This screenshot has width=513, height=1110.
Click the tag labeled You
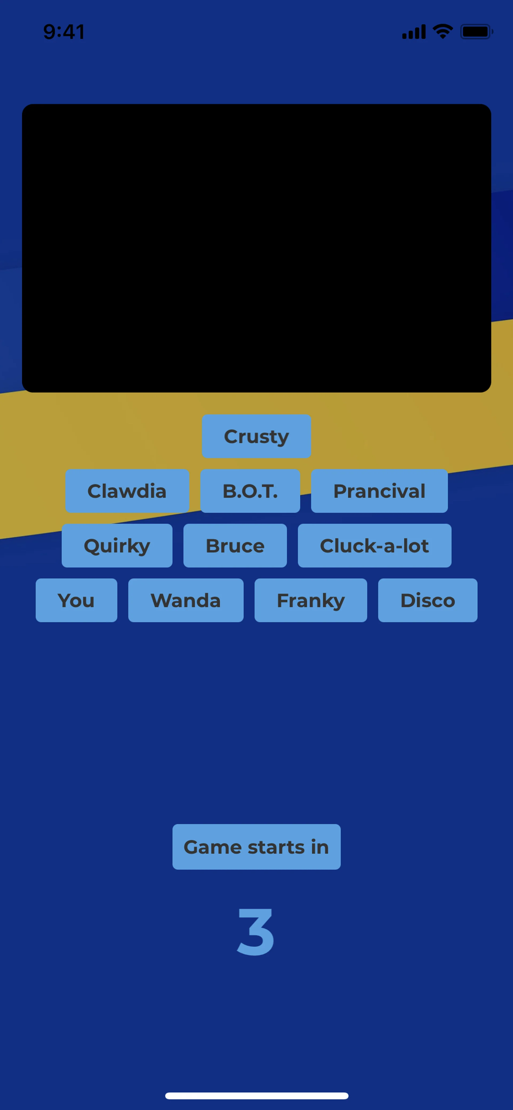tap(76, 600)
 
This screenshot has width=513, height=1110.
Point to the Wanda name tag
tap(186, 600)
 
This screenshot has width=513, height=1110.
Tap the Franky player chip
tap(310, 600)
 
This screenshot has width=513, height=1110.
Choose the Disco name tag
tap(428, 600)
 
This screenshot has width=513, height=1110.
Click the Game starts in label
tap(256, 847)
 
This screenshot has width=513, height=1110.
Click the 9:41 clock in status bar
tap(64, 32)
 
